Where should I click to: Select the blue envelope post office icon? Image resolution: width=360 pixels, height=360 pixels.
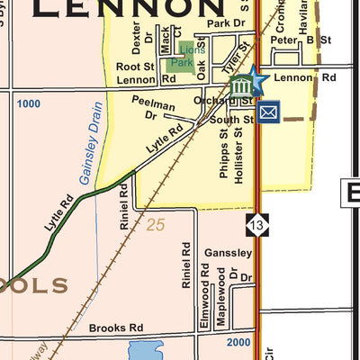268,112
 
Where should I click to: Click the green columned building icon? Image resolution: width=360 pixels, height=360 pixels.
240,87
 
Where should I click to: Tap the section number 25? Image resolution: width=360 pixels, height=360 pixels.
156,225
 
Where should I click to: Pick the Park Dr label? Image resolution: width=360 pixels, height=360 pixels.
225,23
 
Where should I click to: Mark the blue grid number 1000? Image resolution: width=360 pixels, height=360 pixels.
29,104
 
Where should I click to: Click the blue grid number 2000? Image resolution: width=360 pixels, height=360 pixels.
239,343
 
